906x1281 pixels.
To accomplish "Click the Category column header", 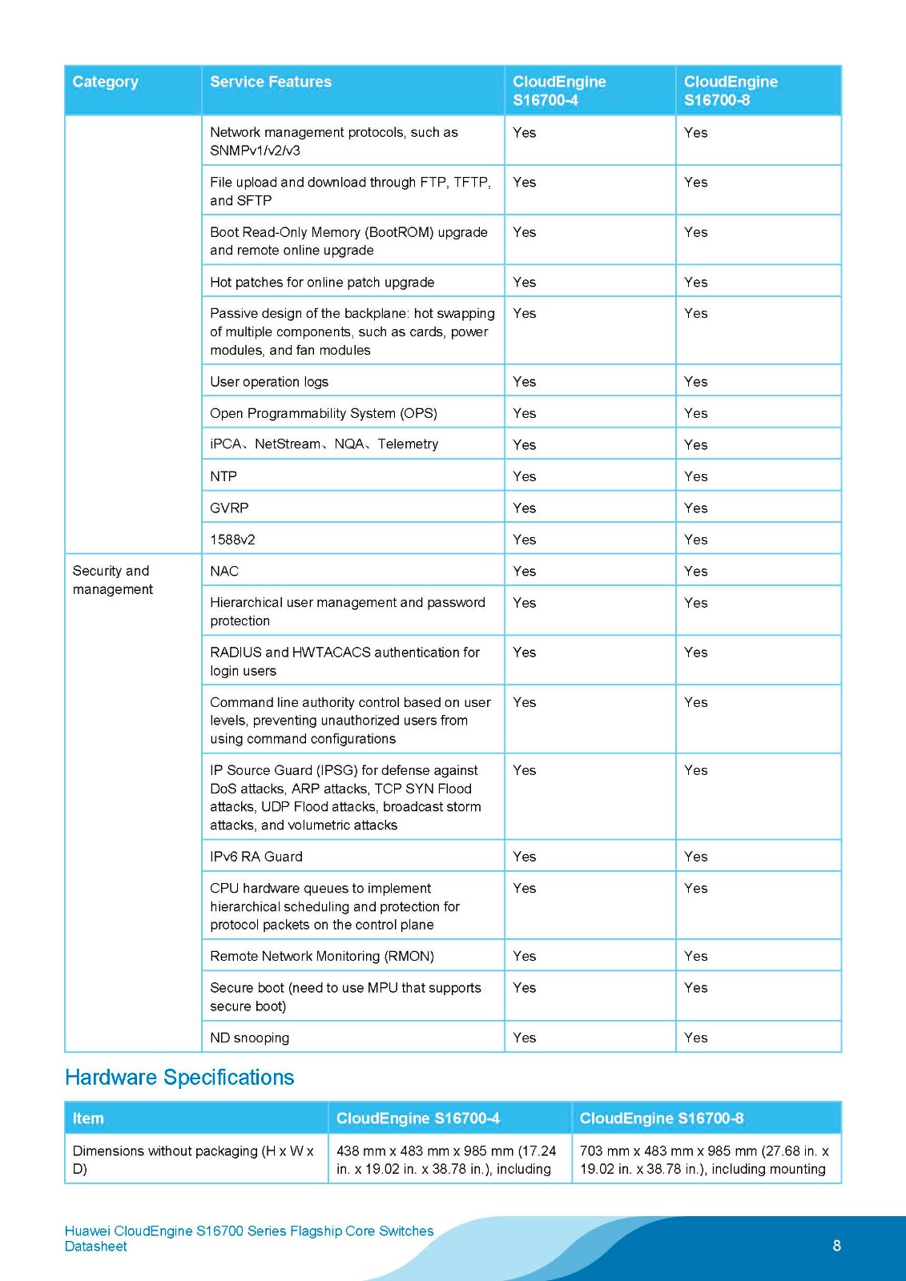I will [x=105, y=82].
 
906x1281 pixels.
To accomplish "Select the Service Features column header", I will [x=271, y=82].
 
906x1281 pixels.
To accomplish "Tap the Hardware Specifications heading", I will [x=179, y=1078].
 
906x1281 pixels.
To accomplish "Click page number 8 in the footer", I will [x=836, y=1246].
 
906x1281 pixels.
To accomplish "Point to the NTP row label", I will [x=223, y=476].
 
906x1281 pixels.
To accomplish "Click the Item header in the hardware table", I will [x=88, y=1118].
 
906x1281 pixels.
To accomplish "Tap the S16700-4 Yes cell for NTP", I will [x=525, y=476].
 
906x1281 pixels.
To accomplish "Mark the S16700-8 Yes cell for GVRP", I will [x=695, y=508].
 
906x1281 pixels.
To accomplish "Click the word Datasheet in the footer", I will [x=96, y=1247].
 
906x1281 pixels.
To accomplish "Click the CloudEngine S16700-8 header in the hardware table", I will [x=662, y=1118].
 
